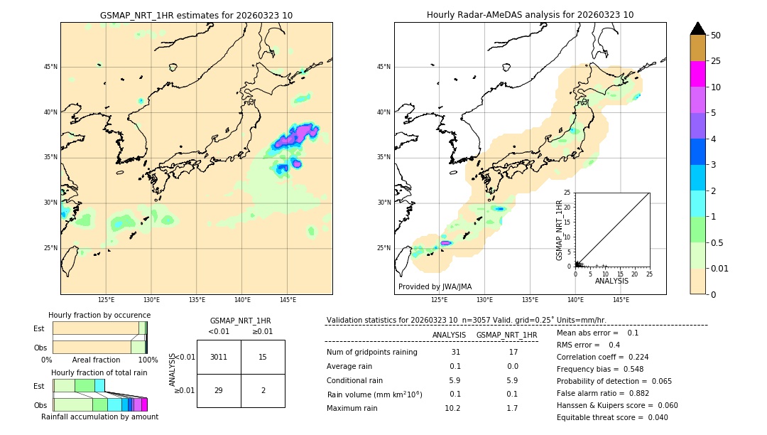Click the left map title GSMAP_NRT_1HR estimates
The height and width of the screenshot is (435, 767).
[196, 15]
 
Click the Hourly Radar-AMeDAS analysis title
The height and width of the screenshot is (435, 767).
[530, 15]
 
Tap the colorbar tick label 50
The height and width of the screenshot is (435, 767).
[716, 36]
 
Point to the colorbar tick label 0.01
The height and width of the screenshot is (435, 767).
[720, 268]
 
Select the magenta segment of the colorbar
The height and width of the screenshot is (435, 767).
[697, 74]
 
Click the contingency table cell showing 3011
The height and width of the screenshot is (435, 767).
[219, 357]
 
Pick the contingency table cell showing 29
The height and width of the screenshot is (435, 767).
[219, 391]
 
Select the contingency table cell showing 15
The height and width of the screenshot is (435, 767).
[263, 357]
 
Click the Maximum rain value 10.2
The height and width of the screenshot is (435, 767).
[452, 408]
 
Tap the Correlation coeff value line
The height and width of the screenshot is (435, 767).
[602, 357]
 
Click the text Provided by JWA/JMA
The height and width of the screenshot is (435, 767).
[435, 286]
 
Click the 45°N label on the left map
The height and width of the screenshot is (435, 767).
[50, 67]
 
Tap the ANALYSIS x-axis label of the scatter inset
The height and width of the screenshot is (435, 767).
[611, 281]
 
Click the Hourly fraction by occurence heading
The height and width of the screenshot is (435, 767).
[99, 315]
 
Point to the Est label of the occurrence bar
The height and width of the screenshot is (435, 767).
[39, 328]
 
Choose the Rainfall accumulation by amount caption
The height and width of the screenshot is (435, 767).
[99, 417]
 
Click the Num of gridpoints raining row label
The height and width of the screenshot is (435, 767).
[371, 353]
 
